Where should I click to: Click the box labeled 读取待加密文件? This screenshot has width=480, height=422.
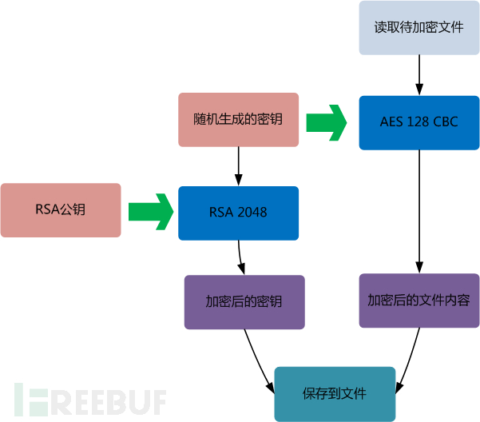419,28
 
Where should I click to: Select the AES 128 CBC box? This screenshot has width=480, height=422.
419,123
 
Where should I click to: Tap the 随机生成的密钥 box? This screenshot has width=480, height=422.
239,120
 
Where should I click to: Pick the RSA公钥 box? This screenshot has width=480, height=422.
61,210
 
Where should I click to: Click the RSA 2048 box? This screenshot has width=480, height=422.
239,213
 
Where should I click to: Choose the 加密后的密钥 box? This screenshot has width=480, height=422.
244,302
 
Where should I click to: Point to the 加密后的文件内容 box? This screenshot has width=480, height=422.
419,301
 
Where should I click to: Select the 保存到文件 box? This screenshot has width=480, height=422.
335,394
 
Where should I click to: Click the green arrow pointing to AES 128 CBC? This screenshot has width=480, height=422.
327,123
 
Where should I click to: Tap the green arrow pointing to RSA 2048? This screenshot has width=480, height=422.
151,212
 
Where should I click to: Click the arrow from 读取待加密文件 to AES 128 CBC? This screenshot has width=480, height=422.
419,75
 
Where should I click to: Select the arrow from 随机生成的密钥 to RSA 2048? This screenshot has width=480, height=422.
239,166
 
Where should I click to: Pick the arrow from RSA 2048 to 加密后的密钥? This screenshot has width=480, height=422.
240,258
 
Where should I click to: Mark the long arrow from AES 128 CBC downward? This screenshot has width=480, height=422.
419,212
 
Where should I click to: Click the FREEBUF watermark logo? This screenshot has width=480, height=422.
90,400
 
